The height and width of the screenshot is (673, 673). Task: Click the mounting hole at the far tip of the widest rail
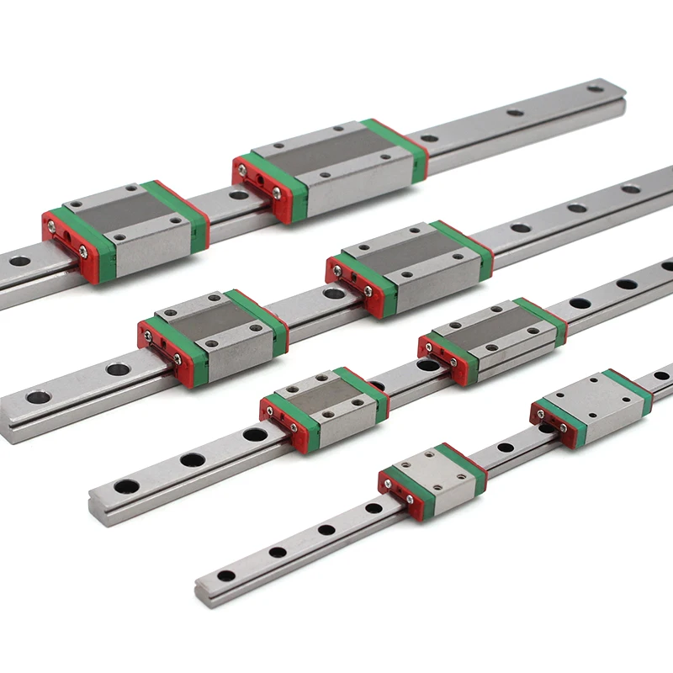point(596,87)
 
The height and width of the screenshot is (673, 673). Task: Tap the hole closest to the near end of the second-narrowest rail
point(126,485)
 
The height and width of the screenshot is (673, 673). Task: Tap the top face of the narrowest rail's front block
point(438,468)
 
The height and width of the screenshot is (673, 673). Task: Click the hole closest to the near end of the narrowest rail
point(225,576)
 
